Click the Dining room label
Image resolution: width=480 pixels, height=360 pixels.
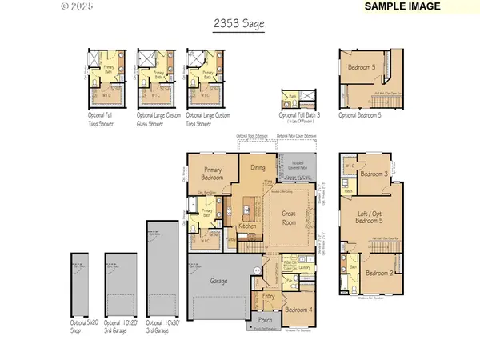(x=258, y=168)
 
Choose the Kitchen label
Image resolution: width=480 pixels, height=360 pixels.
(x=247, y=228)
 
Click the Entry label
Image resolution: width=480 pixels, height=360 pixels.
(x=269, y=297)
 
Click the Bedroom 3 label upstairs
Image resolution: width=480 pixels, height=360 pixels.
(x=374, y=174)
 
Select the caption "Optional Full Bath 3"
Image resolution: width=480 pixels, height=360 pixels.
(x=298, y=117)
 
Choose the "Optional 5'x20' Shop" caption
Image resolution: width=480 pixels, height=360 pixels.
(x=82, y=326)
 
